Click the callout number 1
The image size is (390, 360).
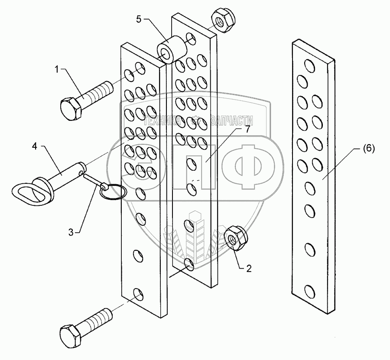[56, 68]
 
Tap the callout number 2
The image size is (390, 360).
[248, 269]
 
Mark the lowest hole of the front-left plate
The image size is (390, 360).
[138, 295]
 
